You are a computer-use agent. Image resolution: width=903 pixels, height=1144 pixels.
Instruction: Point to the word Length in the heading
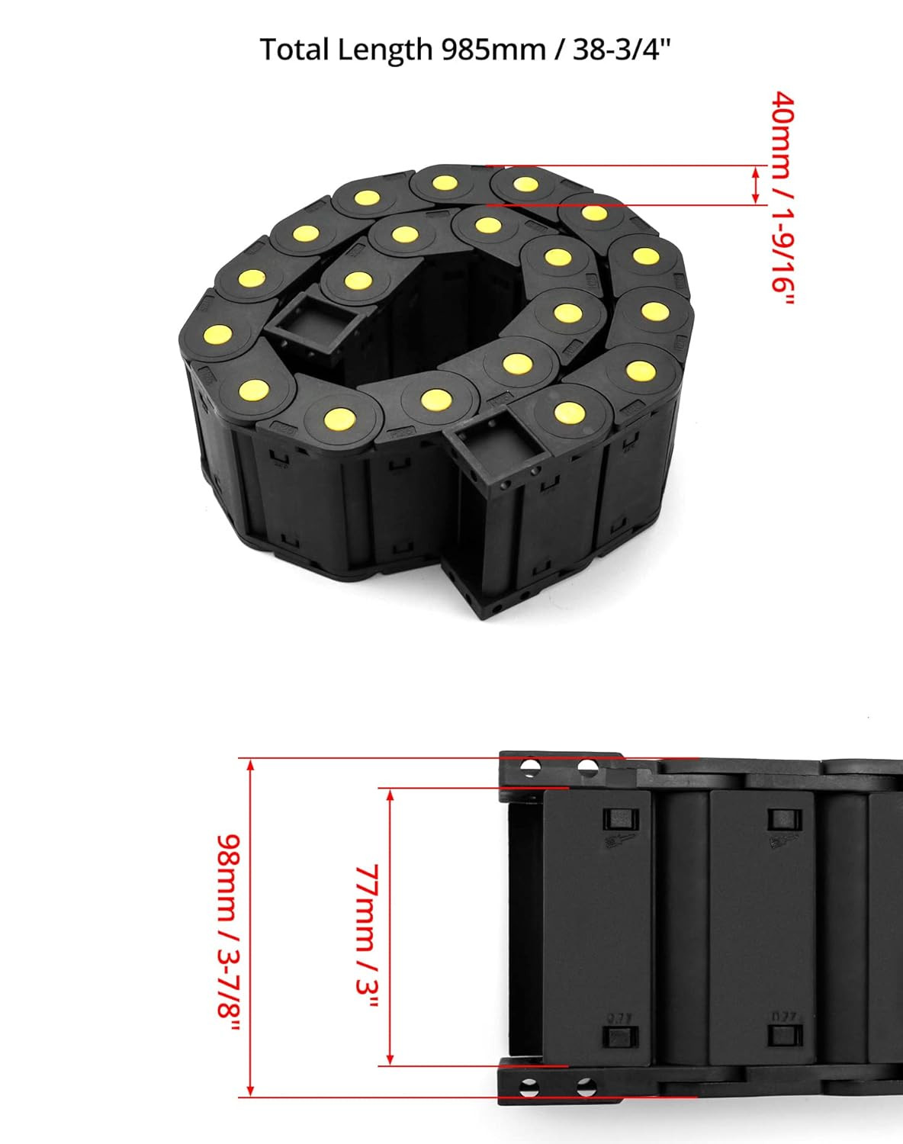(384, 50)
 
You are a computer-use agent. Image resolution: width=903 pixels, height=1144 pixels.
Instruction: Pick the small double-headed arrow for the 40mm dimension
(756, 185)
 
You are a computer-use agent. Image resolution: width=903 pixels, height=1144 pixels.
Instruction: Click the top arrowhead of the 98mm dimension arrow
(250, 765)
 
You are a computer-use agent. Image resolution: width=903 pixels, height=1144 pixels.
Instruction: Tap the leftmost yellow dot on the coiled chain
(218, 334)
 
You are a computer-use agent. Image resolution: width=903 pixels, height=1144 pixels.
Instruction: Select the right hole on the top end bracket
(586, 766)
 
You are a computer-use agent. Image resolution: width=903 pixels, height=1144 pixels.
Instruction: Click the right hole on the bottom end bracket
(585, 1086)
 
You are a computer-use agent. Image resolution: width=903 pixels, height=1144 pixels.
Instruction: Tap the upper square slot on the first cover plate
(618, 821)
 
